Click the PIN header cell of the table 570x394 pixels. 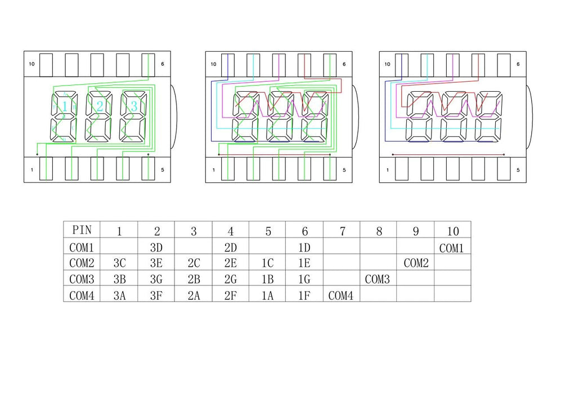82,230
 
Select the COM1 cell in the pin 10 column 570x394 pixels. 452,248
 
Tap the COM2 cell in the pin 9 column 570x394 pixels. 415,263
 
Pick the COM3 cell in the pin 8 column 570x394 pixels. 378,279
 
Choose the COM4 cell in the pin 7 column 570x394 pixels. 341,294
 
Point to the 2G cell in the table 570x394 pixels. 230,279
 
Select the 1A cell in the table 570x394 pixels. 267,294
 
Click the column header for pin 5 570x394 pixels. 267,231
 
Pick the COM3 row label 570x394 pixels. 82,279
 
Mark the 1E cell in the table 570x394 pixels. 304,263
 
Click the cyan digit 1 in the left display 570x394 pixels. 65,106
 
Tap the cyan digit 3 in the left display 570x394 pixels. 134,106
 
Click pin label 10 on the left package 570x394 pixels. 32,64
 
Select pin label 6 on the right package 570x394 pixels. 518,64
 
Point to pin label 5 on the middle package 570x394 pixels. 344,170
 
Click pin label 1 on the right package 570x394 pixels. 387,170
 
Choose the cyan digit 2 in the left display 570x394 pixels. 100,106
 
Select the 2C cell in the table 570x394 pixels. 193,263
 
